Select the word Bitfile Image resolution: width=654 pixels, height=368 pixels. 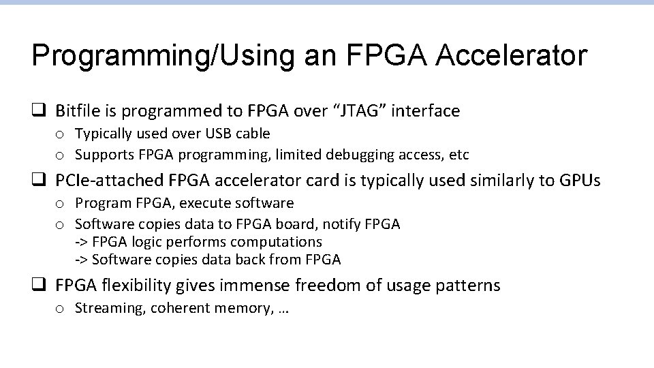click(77, 110)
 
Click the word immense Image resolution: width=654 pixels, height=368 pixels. click(245, 286)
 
